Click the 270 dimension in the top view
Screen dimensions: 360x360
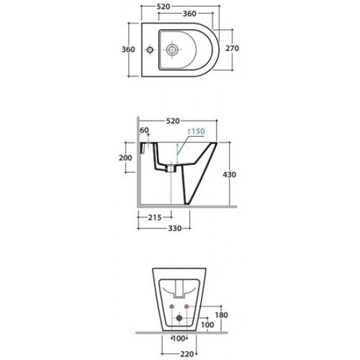pos(232,48)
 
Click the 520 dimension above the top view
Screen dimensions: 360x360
pos(163,7)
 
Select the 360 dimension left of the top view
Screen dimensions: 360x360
pos(128,49)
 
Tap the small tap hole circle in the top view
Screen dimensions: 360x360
pos(150,49)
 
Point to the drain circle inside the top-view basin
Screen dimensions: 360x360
pos(171,49)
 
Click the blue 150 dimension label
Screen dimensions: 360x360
pos(198,132)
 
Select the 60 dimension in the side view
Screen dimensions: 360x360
pos(144,130)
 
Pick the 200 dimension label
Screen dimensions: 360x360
pos(126,158)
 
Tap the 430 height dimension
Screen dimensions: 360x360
pos(229,175)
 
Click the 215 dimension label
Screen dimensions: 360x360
pos(154,217)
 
